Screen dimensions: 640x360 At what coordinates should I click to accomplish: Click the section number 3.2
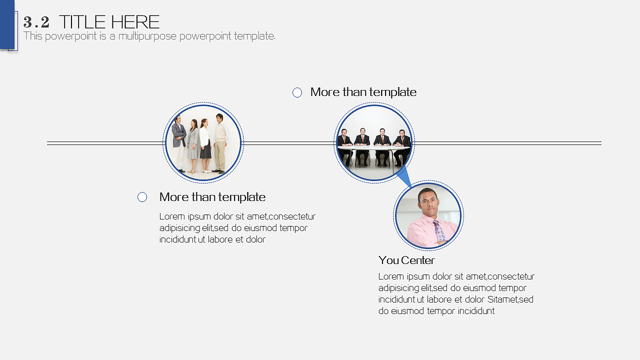click(x=36, y=22)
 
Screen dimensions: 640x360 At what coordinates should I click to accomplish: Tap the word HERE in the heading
click(x=135, y=22)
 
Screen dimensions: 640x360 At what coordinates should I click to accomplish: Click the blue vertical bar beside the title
click(x=7, y=24)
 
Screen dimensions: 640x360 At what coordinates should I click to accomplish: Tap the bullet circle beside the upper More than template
click(x=297, y=92)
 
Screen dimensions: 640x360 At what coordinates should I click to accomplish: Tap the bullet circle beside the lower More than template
click(x=142, y=197)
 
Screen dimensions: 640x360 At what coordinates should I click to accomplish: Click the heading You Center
click(x=406, y=260)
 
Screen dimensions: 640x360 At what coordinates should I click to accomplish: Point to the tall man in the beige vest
click(x=220, y=143)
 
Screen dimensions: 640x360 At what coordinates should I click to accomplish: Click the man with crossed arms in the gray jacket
click(x=178, y=143)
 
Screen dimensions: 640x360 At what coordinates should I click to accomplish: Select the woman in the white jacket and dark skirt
click(x=205, y=145)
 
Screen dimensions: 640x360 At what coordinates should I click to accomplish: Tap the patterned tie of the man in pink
click(x=439, y=231)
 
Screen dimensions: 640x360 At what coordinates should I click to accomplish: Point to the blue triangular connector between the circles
click(x=404, y=177)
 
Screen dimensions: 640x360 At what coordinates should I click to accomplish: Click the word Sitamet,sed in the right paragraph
click(x=510, y=299)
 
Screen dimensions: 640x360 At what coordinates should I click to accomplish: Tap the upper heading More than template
click(x=363, y=92)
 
